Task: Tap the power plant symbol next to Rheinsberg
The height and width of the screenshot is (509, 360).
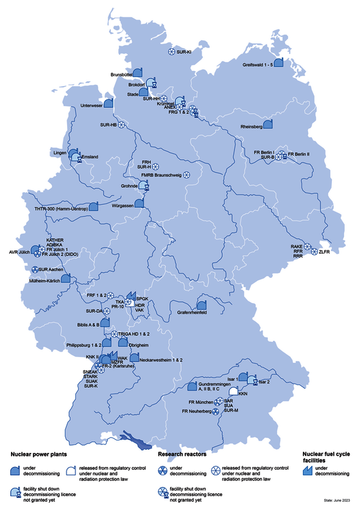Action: click(268, 124)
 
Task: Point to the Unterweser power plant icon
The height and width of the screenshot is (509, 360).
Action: click(108, 104)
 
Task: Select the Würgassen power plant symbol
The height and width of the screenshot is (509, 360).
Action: click(141, 202)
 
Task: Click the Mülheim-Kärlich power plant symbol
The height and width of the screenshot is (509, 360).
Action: click(65, 279)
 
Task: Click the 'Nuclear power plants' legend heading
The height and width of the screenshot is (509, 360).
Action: click(38, 454)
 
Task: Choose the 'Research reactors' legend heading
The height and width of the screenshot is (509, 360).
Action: click(181, 454)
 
